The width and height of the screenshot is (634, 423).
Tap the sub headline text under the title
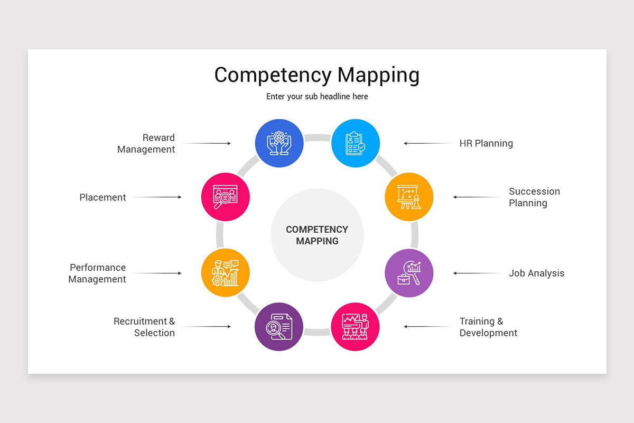(x=317, y=97)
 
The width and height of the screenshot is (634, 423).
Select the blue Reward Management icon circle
(x=279, y=143)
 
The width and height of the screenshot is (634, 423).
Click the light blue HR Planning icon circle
(x=356, y=143)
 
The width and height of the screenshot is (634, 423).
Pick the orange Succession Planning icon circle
(x=409, y=197)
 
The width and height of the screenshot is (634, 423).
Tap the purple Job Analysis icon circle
(x=409, y=273)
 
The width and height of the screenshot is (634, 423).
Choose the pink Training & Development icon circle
(x=355, y=327)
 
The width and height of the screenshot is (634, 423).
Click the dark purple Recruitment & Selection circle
(x=279, y=327)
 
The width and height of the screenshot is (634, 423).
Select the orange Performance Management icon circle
(x=226, y=273)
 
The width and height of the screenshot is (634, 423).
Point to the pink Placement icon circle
(x=226, y=197)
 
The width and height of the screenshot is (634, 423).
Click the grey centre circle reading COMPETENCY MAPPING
(x=317, y=235)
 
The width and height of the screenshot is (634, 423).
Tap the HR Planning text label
(x=486, y=143)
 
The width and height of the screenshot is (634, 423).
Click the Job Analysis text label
(x=536, y=273)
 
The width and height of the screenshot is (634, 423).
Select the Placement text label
(x=102, y=197)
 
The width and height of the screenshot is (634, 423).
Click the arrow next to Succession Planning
(x=478, y=197)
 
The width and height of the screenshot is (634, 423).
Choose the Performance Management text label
(x=97, y=273)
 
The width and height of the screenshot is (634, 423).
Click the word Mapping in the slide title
(x=378, y=75)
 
